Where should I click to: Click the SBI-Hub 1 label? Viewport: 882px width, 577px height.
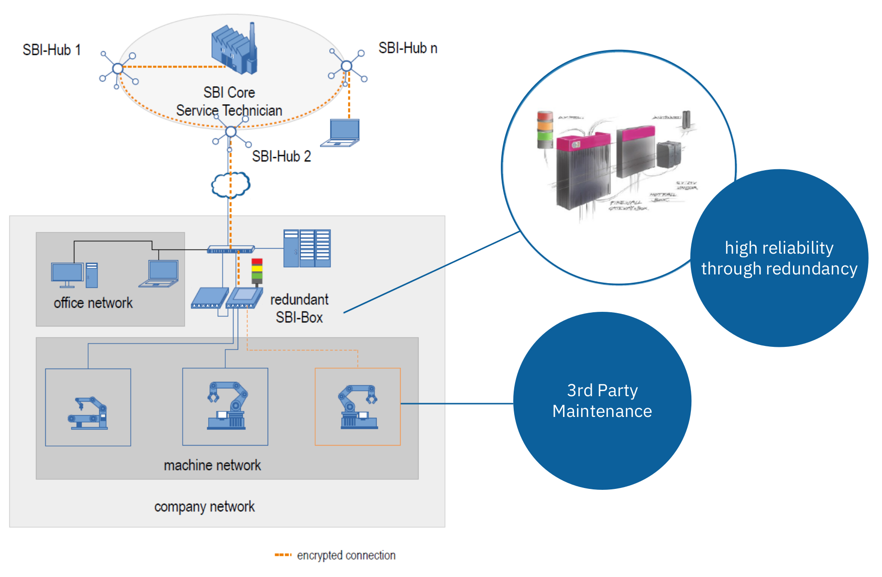tap(52, 50)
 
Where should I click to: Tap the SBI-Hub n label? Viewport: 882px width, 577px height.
tap(408, 48)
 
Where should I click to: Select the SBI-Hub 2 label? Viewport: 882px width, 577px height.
tap(281, 156)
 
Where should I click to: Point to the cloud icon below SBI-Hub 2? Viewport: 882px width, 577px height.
tap(231, 185)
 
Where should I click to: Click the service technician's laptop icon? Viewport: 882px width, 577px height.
tap(341, 133)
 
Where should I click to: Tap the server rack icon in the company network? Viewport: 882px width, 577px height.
tap(307, 248)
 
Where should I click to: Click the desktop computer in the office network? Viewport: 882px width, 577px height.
tap(74, 275)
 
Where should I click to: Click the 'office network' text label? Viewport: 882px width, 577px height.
tap(93, 303)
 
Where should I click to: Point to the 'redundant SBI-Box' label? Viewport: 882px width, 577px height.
tap(299, 308)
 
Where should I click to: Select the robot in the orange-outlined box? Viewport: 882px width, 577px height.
tap(358, 407)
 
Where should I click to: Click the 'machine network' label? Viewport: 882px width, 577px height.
tap(212, 465)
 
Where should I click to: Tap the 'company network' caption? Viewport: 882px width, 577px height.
tap(204, 506)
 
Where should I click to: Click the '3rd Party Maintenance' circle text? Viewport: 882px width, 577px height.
tap(602, 400)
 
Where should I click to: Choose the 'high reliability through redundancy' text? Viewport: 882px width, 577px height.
tap(779, 258)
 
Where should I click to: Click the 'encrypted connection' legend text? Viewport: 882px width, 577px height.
tap(346, 555)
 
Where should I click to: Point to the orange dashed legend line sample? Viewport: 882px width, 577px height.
tap(283, 555)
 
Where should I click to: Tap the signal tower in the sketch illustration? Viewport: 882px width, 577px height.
tap(545, 130)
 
